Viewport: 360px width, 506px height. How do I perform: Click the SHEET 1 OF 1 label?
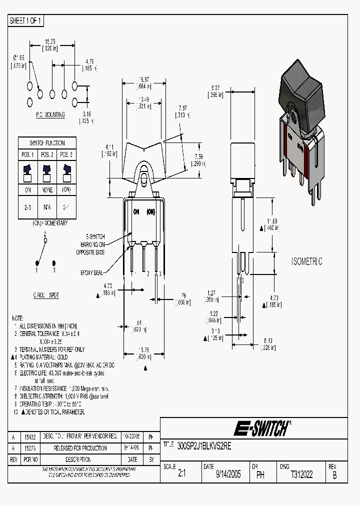[x=26, y=21]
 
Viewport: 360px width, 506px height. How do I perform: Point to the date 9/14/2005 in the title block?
[x=228, y=474]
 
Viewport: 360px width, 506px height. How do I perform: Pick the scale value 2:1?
[x=181, y=474]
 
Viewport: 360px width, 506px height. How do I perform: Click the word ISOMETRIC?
[x=307, y=261]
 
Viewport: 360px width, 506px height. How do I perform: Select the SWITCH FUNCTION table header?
[x=48, y=142]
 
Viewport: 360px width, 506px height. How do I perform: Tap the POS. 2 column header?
[x=48, y=154]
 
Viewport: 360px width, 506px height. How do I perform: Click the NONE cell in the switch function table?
[x=48, y=190]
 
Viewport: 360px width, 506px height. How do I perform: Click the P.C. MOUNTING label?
[x=50, y=114]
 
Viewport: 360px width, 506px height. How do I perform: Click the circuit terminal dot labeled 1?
[x=36, y=262]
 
